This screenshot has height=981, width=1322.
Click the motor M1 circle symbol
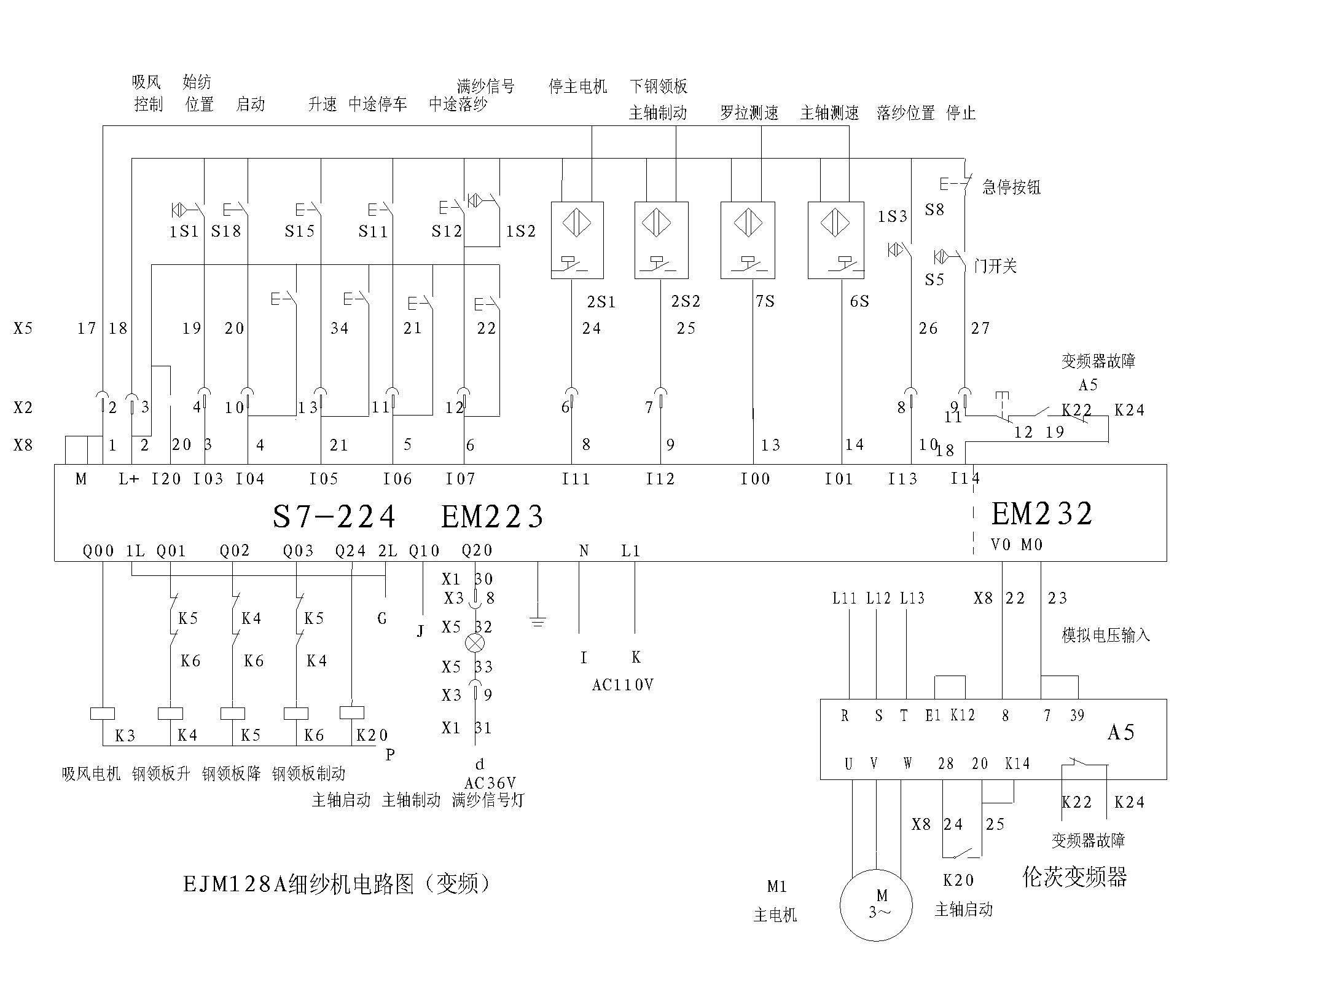(x=875, y=905)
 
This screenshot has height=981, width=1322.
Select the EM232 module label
(x=1042, y=514)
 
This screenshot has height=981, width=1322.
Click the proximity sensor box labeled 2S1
(x=577, y=240)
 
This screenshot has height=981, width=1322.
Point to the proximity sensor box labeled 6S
(x=835, y=240)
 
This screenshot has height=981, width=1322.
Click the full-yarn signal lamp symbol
(x=475, y=643)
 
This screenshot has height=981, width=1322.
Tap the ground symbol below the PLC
(x=538, y=622)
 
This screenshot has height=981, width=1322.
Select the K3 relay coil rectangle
(x=102, y=714)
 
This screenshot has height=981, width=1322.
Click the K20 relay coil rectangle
(x=351, y=712)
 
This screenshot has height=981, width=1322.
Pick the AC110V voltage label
(x=622, y=685)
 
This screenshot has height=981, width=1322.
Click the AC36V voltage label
(x=490, y=783)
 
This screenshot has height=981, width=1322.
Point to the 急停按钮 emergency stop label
(x=1011, y=187)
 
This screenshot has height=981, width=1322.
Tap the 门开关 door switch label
(x=995, y=266)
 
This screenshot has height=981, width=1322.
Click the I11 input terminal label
(x=575, y=479)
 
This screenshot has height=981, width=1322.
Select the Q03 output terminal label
(x=298, y=551)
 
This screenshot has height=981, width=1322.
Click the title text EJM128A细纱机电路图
(x=337, y=884)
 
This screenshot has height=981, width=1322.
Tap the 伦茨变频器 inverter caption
(x=1074, y=877)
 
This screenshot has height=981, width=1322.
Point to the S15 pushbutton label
(x=299, y=231)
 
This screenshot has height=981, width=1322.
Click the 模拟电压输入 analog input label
(x=1105, y=635)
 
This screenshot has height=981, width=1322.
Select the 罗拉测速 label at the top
(x=749, y=113)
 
